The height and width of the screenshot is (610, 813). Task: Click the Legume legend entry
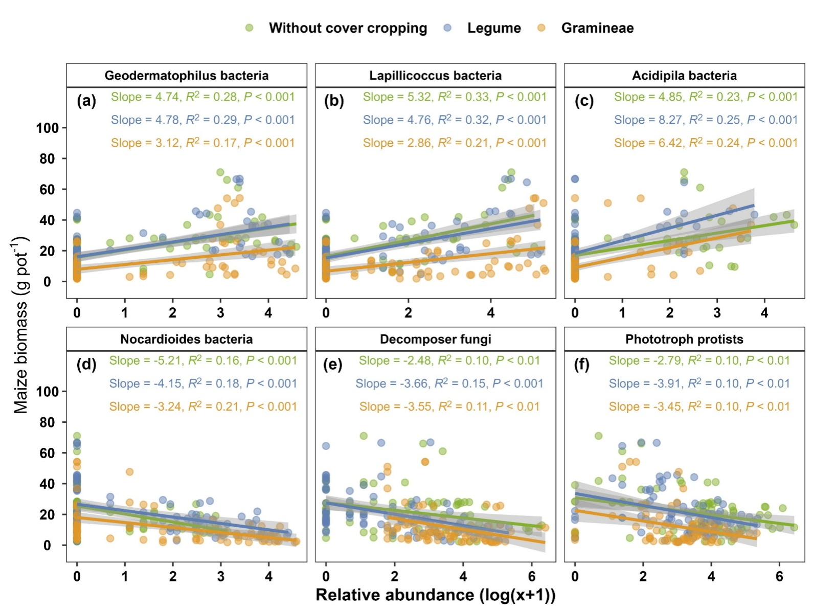pos(493,28)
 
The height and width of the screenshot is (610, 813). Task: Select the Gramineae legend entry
pos(597,28)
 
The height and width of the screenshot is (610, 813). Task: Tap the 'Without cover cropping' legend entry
pos(348,28)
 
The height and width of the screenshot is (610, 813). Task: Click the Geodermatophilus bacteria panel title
pos(187,76)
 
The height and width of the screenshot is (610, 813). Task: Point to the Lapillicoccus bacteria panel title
pos(436,76)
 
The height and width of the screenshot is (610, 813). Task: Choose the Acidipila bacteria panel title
pos(684,76)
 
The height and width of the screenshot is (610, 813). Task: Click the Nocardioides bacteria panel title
pos(187,339)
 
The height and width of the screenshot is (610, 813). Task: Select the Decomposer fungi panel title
pos(436,339)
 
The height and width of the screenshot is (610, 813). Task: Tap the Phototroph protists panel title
pos(684,339)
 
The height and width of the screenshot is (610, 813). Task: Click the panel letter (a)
pos(86,101)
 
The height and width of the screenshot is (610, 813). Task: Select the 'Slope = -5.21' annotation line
pos(203,360)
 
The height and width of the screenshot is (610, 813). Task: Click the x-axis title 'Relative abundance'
pos(436,595)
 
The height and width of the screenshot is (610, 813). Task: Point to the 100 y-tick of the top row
pos(48,128)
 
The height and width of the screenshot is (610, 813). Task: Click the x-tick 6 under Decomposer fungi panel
pos(532,577)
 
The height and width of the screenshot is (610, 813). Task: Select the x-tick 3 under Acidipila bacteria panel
pos(717,313)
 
